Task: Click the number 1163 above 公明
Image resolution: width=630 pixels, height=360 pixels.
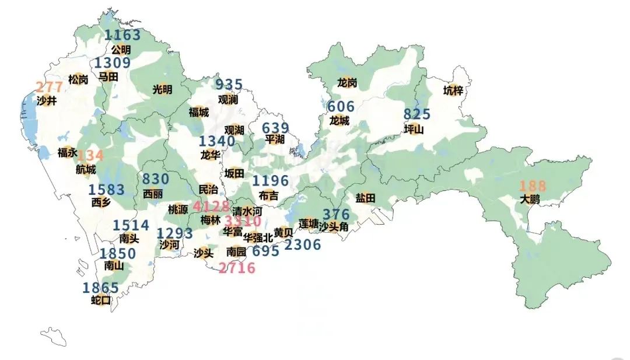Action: pyautogui.click(x=123, y=36)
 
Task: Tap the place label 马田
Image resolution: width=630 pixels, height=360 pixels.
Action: pyautogui.click(x=108, y=76)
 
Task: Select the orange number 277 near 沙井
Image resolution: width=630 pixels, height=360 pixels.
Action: pyautogui.click(x=49, y=88)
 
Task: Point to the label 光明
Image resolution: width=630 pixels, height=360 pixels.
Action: pyautogui.click(x=162, y=89)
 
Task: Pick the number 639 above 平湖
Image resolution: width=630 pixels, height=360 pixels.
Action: pyautogui.click(x=275, y=128)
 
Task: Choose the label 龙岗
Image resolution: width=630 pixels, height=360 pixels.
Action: pyautogui.click(x=347, y=83)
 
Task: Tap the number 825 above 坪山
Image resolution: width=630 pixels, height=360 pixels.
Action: pyautogui.click(x=416, y=114)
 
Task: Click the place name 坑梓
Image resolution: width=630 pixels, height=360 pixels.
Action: pyautogui.click(x=453, y=90)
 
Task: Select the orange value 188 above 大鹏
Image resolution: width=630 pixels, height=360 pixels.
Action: pyautogui.click(x=533, y=186)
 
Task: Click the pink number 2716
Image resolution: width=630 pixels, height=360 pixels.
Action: pyautogui.click(x=237, y=268)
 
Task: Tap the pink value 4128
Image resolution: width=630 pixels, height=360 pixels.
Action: pyautogui.click(x=211, y=207)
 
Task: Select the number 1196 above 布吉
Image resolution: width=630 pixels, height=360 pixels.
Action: pyautogui.click(x=270, y=181)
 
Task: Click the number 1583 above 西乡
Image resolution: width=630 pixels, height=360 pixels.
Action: pyautogui.click(x=106, y=190)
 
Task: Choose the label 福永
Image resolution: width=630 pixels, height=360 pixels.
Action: pyautogui.click(x=67, y=153)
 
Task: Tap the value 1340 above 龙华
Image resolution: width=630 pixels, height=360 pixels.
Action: pyautogui.click(x=216, y=141)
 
